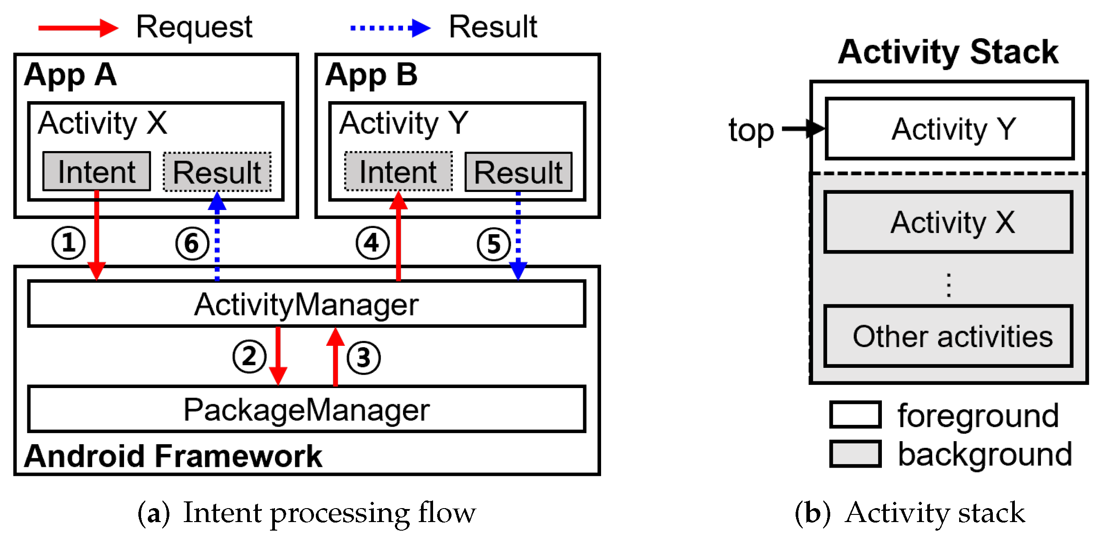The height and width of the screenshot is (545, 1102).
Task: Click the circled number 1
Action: (68, 243)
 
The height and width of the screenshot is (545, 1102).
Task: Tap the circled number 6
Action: (192, 244)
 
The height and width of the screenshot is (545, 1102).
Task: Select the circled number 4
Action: (372, 243)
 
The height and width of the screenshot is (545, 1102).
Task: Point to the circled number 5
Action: (494, 244)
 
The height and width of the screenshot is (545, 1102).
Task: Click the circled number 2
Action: (249, 357)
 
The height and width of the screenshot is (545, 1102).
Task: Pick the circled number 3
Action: (363, 358)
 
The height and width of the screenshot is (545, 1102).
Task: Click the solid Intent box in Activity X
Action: (97, 171)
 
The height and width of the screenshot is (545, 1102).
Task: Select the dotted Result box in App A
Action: (217, 172)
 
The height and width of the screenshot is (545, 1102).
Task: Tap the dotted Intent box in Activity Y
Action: (398, 171)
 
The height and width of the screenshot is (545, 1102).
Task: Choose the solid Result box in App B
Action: (518, 172)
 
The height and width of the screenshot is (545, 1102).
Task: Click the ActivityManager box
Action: (306, 304)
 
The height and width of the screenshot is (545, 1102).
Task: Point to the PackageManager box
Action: (306, 409)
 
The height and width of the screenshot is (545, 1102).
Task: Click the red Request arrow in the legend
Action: (78, 28)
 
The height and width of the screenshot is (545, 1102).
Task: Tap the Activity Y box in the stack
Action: (950, 129)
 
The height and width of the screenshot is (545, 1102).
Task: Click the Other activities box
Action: (948, 336)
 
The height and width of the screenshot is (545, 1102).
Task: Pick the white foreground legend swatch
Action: (855, 415)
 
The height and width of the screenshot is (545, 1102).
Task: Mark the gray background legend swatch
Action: (855, 454)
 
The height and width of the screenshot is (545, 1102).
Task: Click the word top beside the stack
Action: (751, 130)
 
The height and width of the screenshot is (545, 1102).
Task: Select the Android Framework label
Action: (173, 456)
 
